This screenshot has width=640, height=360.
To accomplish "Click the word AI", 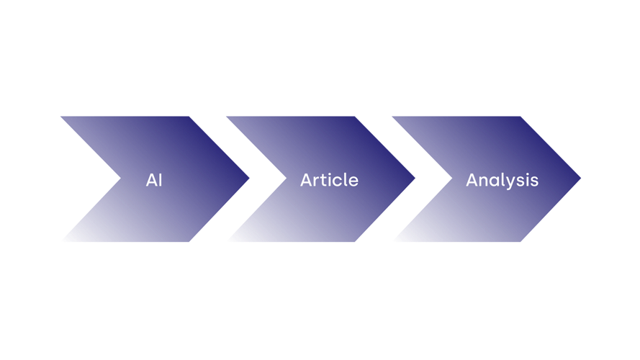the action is pos(154,180).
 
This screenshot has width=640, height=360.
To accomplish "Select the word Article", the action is pos(330,180).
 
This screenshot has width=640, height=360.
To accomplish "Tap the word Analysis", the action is pos(502,181).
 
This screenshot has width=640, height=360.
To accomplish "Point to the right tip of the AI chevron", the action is pos(249,178).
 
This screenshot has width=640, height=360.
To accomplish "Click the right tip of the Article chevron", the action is pos(415,178).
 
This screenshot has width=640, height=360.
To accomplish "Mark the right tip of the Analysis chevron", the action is pos(580,178).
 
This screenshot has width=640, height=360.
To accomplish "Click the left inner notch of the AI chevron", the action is pos(121,178).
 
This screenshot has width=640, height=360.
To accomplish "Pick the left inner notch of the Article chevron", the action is pos(287,178).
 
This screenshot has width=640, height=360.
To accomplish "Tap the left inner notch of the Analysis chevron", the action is pos(452,178).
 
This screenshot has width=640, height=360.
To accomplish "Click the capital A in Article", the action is pos(307,180).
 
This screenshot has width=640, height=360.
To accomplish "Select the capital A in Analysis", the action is pos(472,180).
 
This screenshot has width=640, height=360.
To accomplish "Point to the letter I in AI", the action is pos(161,180).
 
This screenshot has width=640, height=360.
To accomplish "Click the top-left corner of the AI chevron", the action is pos(60,117).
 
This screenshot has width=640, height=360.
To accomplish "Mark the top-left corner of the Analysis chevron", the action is pos(392,117).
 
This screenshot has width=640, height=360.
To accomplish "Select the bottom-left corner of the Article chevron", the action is pos(227,242).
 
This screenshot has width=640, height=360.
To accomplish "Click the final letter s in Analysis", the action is pos(534,181).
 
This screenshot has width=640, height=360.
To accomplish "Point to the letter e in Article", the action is pos(353,181).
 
